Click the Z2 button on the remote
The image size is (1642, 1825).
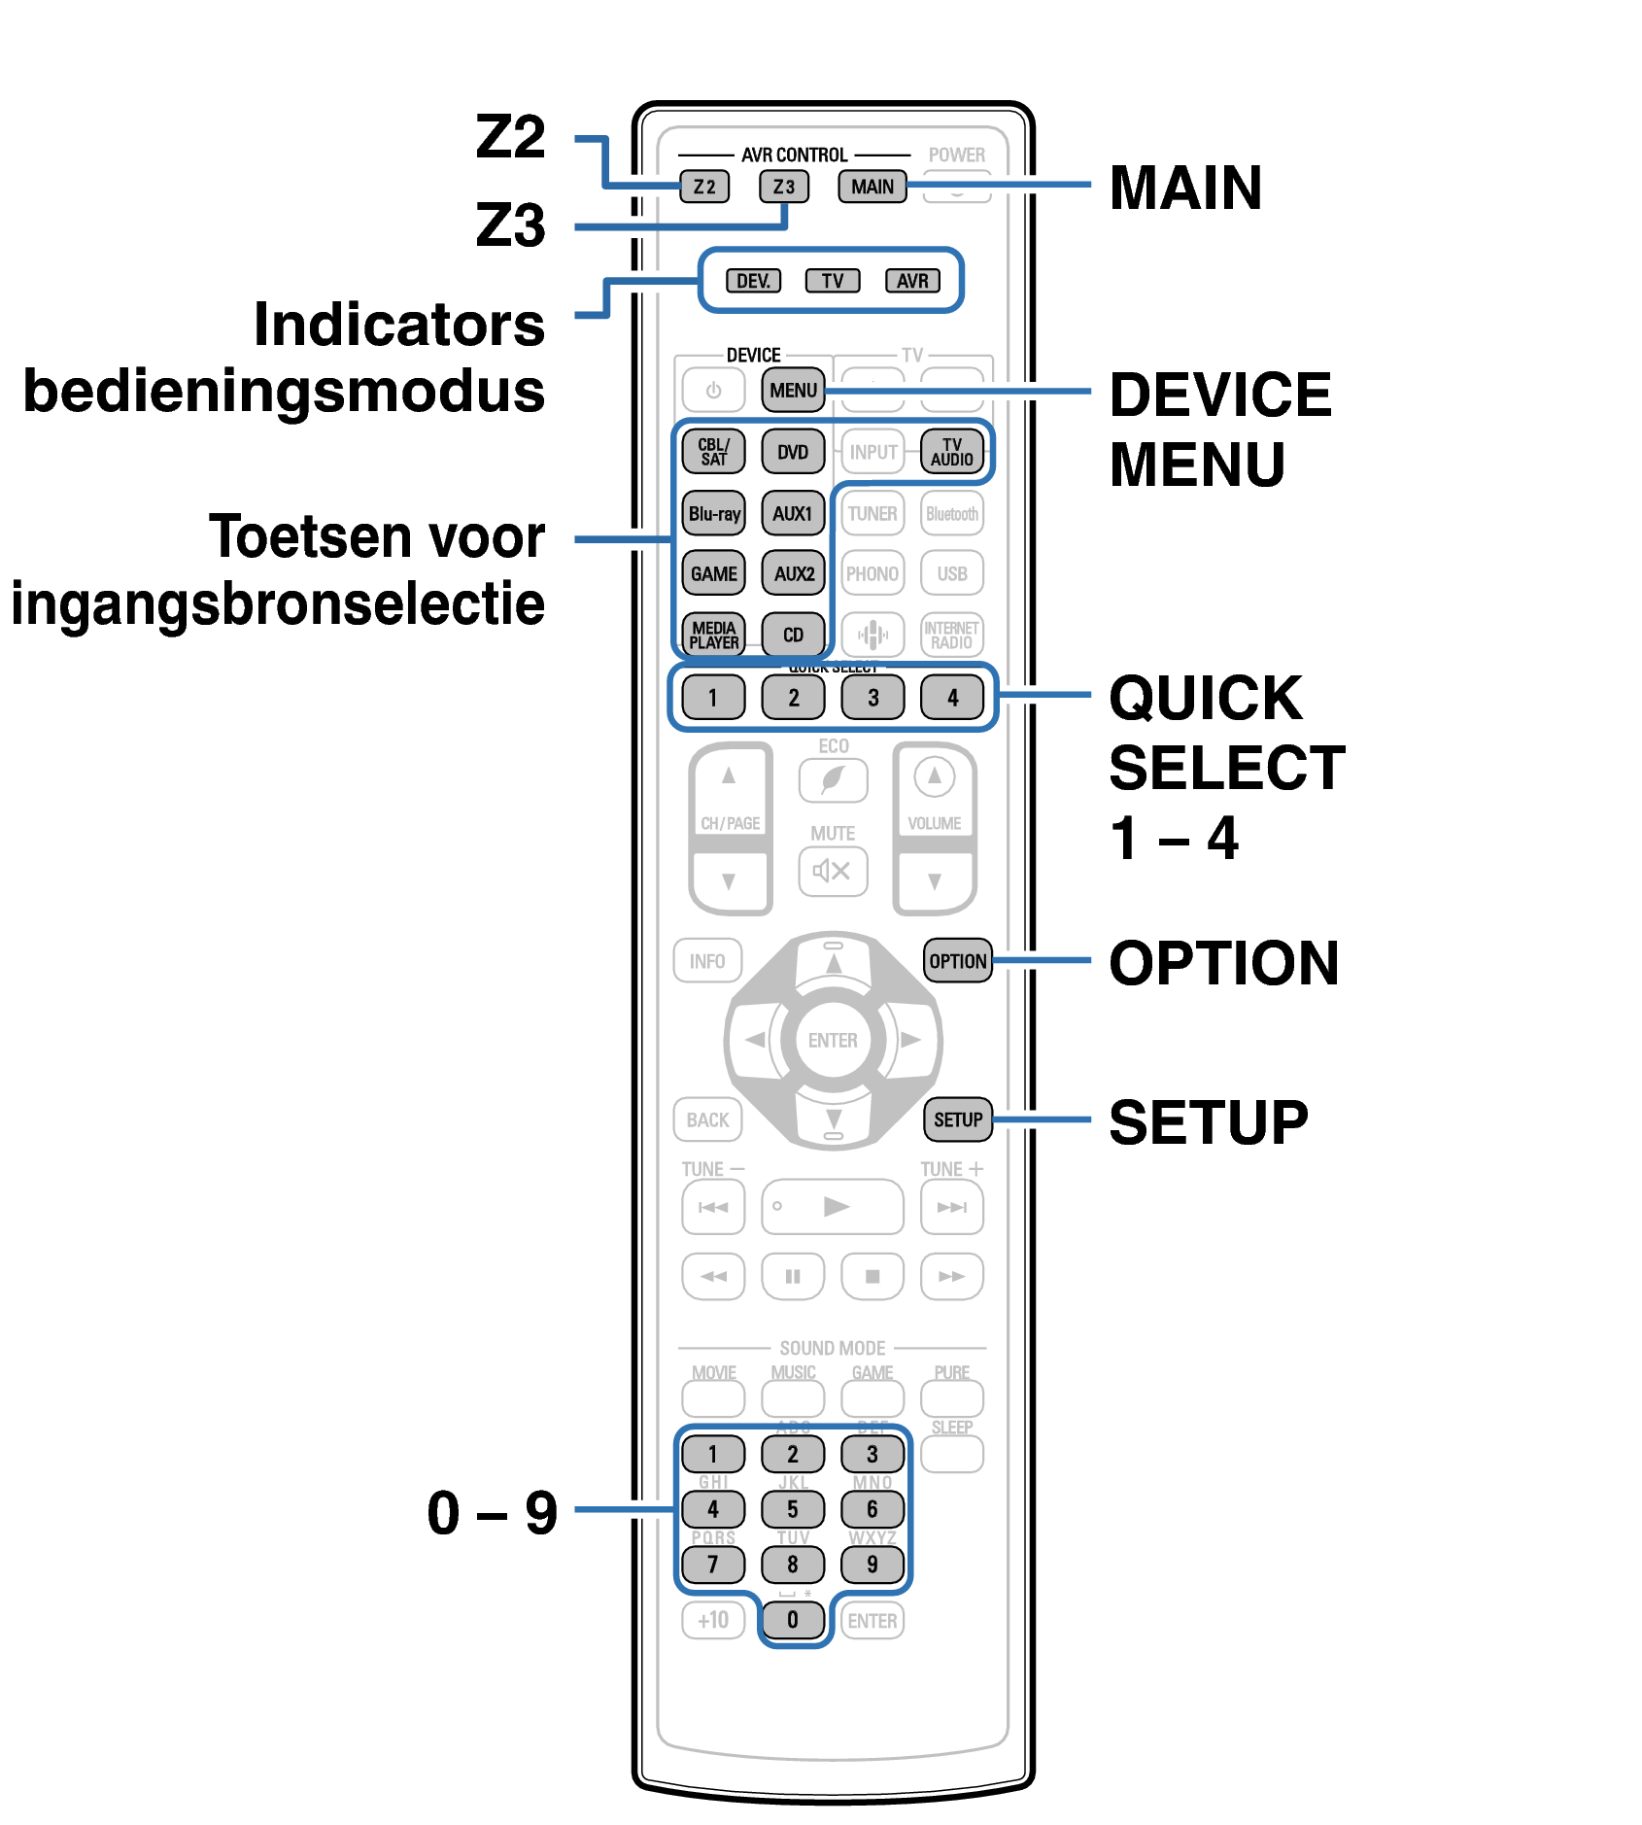tap(704, 187)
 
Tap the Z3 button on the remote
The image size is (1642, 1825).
tap(783, 187)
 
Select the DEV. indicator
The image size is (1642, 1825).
tap(753, 281)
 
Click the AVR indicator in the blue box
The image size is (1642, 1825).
tap(912, 281)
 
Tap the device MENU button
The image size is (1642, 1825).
tap(793, 390)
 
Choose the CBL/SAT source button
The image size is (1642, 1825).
tap(713, 452)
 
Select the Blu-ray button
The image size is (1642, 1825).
tap(713, 513)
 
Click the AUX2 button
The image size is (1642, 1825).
tap(793, 573)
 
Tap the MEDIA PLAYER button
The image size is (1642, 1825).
tap(713, 635)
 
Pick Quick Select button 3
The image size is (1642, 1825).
tap(872, 697)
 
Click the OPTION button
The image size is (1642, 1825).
tap(957, 961)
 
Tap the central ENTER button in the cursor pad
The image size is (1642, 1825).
tap(833, 1040)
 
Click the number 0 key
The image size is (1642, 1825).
tap(793, 1619)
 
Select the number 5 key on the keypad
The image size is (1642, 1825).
tap(793, 1509)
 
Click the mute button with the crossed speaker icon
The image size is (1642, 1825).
tap(833, 871)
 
